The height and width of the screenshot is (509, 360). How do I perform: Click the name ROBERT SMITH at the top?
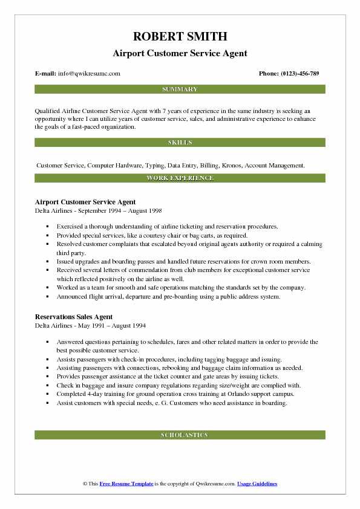180,36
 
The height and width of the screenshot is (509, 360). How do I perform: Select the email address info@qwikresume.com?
89,74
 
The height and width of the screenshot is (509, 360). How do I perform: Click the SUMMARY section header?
180,89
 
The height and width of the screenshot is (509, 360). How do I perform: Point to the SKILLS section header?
180,143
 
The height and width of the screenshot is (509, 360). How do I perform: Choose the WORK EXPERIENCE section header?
180,178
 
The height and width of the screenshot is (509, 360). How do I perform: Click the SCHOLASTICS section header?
180,435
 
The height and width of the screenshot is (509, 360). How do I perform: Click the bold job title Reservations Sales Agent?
74,317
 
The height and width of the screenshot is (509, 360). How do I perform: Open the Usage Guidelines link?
257,484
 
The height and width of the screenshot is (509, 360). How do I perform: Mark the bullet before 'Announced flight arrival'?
47,297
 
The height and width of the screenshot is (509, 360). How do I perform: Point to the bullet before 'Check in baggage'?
47,386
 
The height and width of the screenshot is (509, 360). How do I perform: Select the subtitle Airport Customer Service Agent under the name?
180,53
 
